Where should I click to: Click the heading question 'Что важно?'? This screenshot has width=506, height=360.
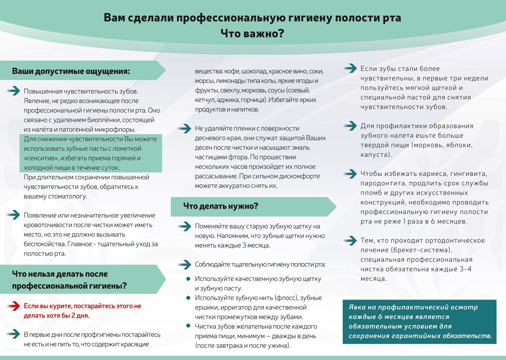252,34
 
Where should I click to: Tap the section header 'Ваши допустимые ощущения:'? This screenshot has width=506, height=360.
71,71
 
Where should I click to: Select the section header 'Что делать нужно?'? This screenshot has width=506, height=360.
221,206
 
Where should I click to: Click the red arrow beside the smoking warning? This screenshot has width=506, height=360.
13,306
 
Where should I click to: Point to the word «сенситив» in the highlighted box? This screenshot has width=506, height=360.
41,158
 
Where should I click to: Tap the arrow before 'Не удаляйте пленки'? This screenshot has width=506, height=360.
185,128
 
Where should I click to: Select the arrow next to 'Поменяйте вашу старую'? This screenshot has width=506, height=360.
185,226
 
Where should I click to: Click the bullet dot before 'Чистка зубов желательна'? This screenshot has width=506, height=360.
188,326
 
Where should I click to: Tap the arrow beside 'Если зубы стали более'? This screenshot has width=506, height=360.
350,68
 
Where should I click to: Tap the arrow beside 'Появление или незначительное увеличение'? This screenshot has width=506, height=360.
13,215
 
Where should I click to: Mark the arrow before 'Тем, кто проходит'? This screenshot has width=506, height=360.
350,240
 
